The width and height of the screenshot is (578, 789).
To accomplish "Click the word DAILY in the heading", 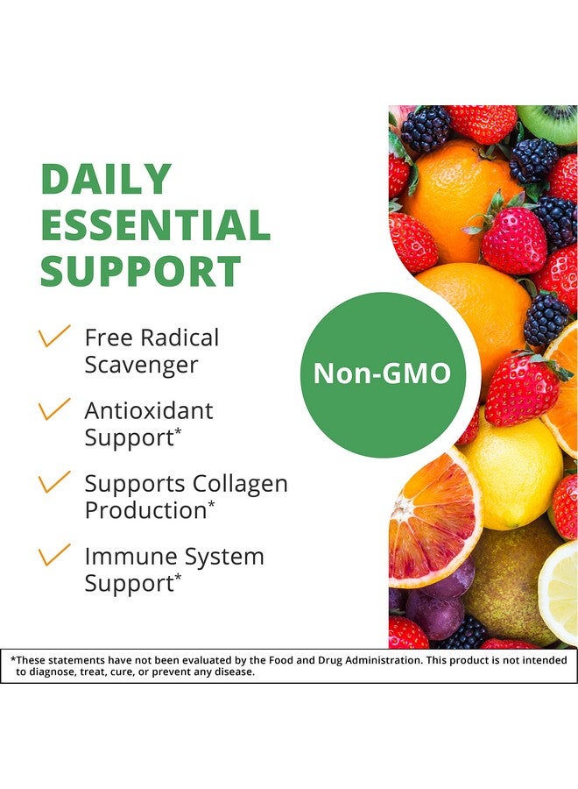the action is click(106, 179).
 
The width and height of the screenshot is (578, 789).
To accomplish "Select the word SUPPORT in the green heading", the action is click(141, 270).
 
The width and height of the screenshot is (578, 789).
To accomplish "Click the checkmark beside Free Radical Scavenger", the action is click(54, 336).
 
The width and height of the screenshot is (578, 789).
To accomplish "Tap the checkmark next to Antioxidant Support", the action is click(54, 409).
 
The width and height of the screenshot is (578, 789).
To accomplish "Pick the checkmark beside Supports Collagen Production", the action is click(54, 481).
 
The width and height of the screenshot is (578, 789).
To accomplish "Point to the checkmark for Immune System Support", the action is click(54, 555).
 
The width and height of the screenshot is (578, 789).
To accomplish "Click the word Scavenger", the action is click(141, 366).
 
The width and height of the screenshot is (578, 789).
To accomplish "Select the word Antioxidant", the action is click(149, 410).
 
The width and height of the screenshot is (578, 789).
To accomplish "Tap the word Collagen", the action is click(240, 485).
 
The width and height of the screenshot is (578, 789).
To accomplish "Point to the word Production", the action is click(145, 510).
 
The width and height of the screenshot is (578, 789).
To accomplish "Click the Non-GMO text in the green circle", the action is click(382, 373).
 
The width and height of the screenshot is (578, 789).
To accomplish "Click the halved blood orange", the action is click(433, 518).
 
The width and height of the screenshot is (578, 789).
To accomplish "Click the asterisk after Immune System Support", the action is click(178, 576).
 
